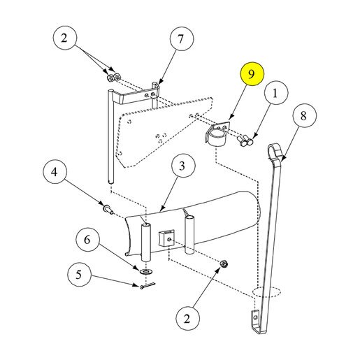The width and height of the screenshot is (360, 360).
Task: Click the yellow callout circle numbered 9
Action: click(x=252, y=74)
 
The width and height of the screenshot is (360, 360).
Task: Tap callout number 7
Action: click(x=182, y=39)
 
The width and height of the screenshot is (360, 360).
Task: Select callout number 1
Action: click(x=276, y=93)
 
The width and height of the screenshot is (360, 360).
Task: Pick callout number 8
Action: click(x=305, y=115)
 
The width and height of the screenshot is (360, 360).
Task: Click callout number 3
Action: click(x=183, y=165)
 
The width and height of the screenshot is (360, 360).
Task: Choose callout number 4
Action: click(x=55, y=172)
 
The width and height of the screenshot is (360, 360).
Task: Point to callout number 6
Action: click(x=87, y=239)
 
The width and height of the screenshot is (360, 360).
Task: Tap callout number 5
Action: click(x=80, y=274)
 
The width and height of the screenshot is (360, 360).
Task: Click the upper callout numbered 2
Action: click(x=65, y=38)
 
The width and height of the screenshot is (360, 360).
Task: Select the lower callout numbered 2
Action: click(x=188, y=318)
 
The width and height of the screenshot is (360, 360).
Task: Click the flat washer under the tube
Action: click(x=146, y=271)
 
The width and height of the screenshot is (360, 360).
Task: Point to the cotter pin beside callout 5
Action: click(x=147, y=285)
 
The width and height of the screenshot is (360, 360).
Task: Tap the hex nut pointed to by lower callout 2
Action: click(x=224, y=264)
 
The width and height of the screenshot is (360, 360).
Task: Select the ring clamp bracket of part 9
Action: click(x=217, y=134)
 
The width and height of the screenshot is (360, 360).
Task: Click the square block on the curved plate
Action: click(x=166, y=238)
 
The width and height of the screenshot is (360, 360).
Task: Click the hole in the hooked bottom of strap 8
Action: click(x=256, y=317)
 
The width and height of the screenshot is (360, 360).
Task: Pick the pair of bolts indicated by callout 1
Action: click(x=245, y=140)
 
